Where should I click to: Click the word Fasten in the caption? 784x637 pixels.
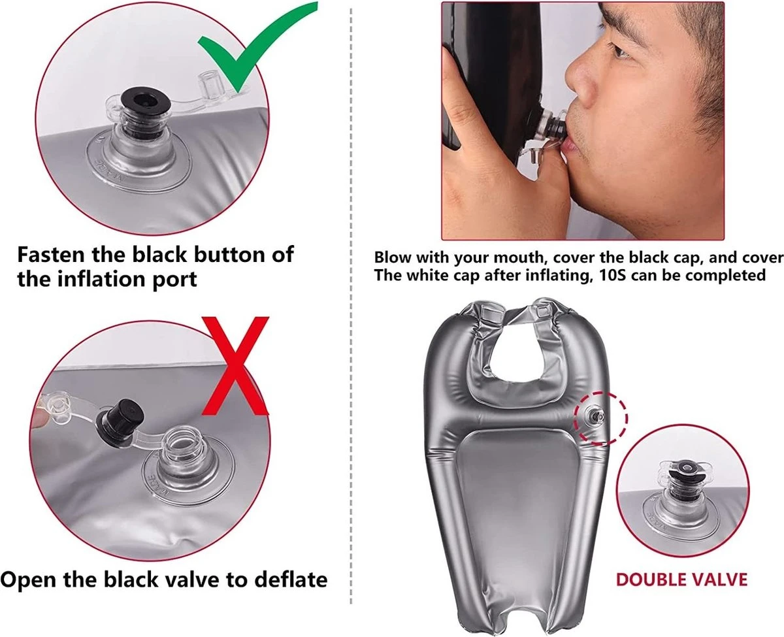[x=52, y=255]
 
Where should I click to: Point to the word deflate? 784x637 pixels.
[x=291, y=580]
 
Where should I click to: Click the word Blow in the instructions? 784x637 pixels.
[x=393, y=257]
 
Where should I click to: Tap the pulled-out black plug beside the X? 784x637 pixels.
[x=120, y=423]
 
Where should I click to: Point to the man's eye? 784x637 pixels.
[x=621, y=52]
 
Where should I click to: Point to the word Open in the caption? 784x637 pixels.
[x=29, y=581]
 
